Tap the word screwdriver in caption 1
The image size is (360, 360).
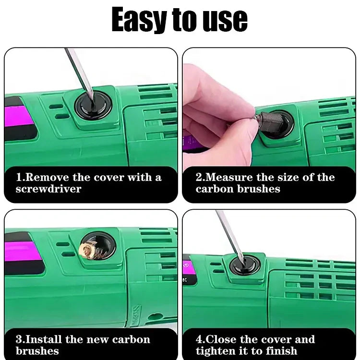point(48,189)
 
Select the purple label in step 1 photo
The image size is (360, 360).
point(19,115)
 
